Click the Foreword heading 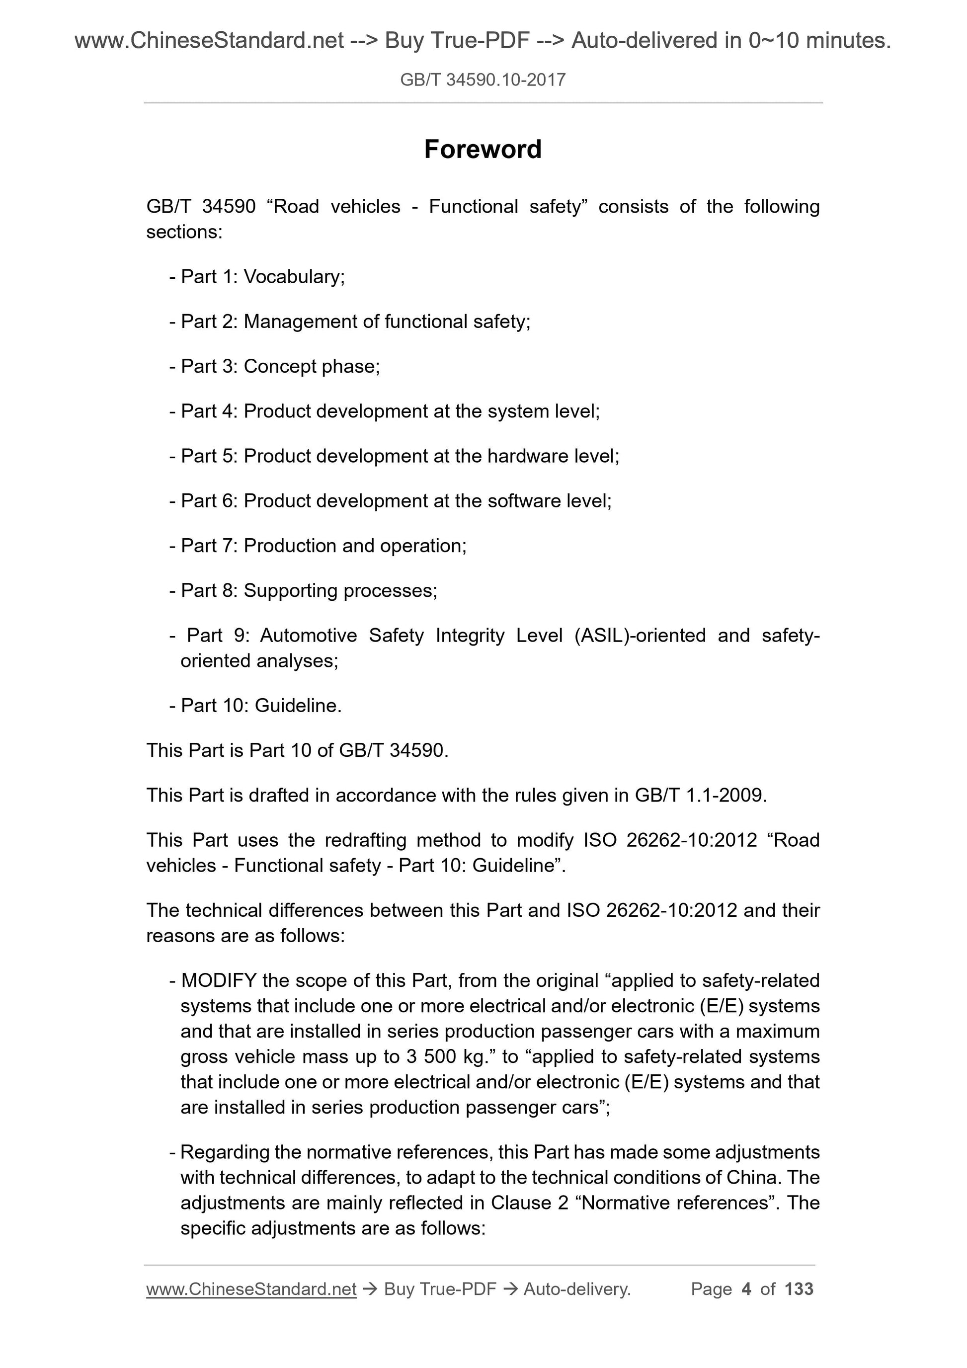(483, 149)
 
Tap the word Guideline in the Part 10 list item (296, 706)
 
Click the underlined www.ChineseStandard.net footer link (251, 1289)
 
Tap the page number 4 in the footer (746, 1289)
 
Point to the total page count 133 (799, 1289)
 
